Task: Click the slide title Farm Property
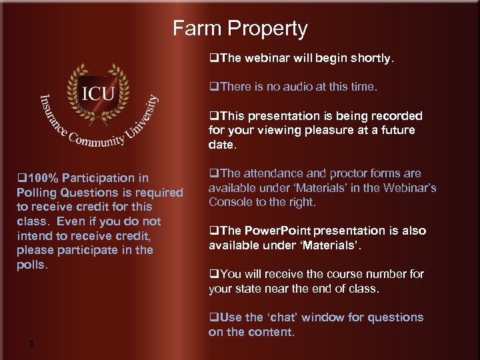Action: pyautogui.click(x=240, y=29)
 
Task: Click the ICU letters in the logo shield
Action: pyautogui.click(x=98, y=93)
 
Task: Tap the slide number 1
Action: pyautogui.click(x=31, y=344)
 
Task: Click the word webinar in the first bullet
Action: pyautogui.click(x=271, y=58)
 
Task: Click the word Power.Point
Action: pyautogui.click(x=277, y=231)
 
